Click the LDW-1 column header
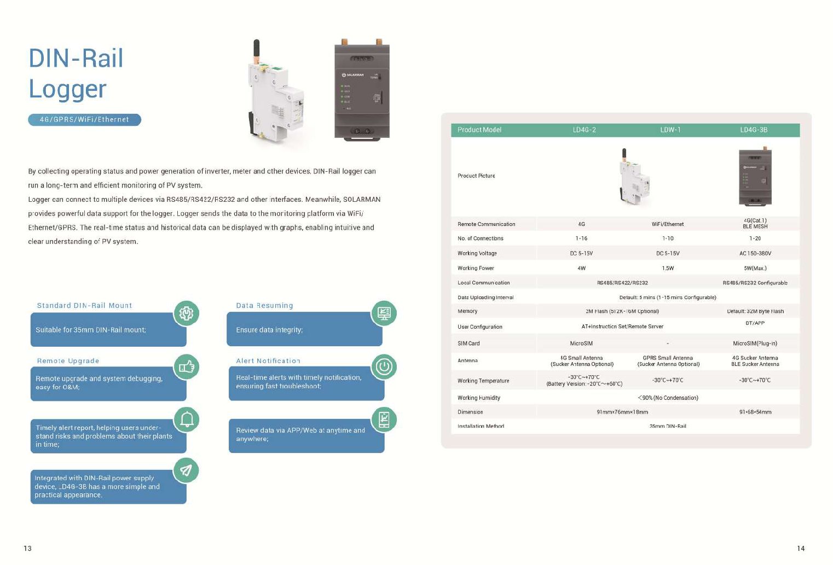pyautogui.click(x=670, y=130)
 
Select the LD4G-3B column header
pyautogui.click(x=754, y=130)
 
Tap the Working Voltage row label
pyautogui.click(x=477, y=253)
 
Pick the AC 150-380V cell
pyautogui.click(x=755, y=253)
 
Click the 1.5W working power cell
pyautogui.click(x=668, y=268)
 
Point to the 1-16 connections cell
pyautogui.click(x=581, y=238)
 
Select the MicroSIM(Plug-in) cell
pyautogui.click(x=755, y=343)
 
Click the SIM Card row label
pyautogui.click(x=468, y=343)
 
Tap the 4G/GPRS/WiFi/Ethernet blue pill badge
pyautogui.click(x=84, y=120)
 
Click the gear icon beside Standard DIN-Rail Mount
pyautogui.click(x=187, y=313)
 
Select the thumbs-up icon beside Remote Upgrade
pyautogui.click(x=187, y=366)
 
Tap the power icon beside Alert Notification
pyautogui.click(x=384, y=366)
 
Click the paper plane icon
pyautogui.click(x=187, y=470)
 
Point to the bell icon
pyautogui.click(x=187, y=419)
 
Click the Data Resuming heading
pyautogui.click(x=264, y=305)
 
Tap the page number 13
pyautogui.click(x=27, y=548)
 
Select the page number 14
pyautogui.click(x=801, y=548)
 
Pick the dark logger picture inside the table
pyautogui.click(x=755, y=176)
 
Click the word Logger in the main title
pyautogui.click(x=67, y=89)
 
